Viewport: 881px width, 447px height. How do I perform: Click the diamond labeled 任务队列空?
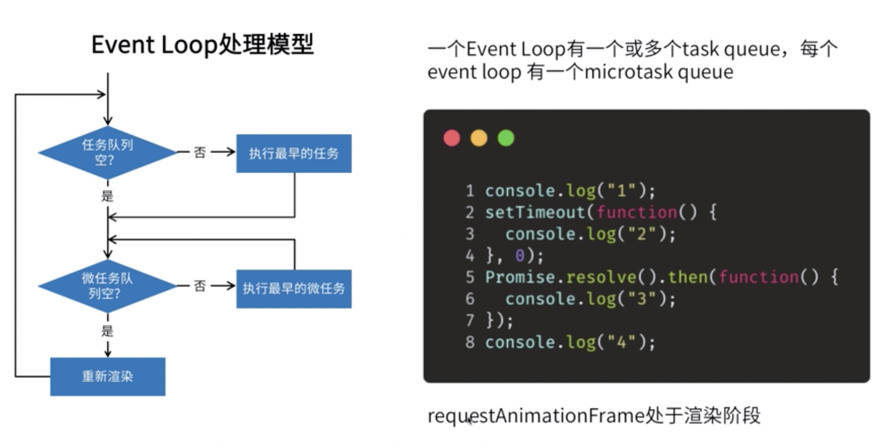tap(107, 152)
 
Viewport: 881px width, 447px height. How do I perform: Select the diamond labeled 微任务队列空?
tap(107, 286)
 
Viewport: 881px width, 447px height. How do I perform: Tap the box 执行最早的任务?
tap(294, 154)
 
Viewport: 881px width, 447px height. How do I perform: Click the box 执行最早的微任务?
tap(294, 289)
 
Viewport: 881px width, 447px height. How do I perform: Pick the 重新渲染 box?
tap(108, 376)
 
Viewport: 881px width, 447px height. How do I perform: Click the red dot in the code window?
tap(452, 138)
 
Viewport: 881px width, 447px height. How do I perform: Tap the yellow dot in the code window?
tap(479, 138)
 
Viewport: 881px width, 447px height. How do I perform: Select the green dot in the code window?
tap(506, 138)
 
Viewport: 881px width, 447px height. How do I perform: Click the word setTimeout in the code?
tap(535, 212)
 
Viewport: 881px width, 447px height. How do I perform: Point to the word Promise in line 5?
tap(520, 277)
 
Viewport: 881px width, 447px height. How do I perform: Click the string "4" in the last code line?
tap(621, 342)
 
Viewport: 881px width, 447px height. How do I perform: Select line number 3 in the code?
tap(470, 234)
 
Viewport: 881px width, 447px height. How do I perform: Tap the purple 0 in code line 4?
tap(520, 256)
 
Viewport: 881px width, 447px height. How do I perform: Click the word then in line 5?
tap(687, 277)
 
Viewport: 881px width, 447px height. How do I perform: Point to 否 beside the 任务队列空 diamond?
tap(200, 152)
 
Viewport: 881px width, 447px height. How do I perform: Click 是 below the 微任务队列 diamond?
tap(107, 331)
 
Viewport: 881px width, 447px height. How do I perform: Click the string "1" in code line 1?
tap(621, 190)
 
